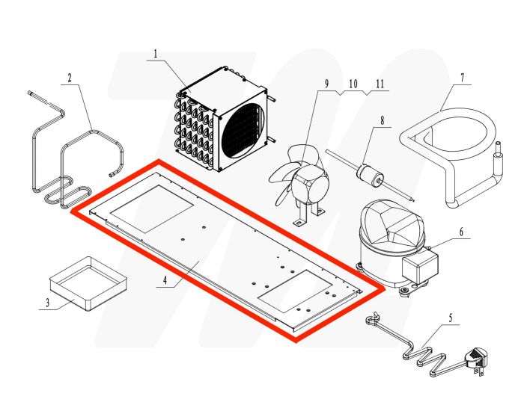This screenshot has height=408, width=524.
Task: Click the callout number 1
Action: pyautogui.click(x=156, y=54)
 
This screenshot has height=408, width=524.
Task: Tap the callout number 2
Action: pyautogui.click(x=69, y=77)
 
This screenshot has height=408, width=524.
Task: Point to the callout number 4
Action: pyautogui.click(x=161, y=282)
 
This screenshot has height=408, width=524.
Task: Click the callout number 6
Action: pyautogui.click(x=461, y=232)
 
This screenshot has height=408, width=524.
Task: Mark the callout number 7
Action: pyautogui.click(x=462, y=77)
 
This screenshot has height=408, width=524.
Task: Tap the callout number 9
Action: pyautogui.click(x=326, y=82)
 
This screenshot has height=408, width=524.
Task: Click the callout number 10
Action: pyautogui.click(x=353, y=82)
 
